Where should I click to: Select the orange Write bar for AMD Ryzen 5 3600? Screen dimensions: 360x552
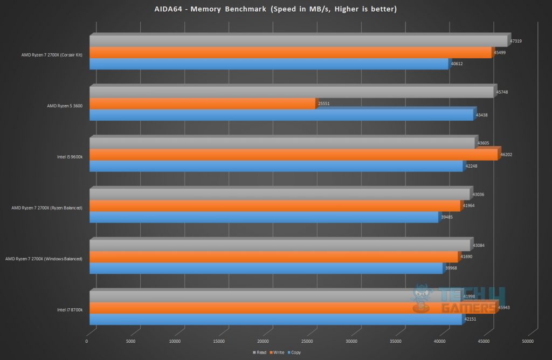tap(202, 104)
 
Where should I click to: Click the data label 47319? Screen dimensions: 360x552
tap(515, 41)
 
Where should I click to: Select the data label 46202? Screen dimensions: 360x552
tap(506, 154)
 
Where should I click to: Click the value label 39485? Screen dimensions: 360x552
tap(448, 217)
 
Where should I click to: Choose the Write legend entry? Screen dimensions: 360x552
tap(277, 352)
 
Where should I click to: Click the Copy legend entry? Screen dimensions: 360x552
tap(294, 352)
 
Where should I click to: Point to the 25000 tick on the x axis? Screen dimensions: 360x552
tap(307, 341)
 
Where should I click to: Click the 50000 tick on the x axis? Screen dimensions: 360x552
tap(528, 341)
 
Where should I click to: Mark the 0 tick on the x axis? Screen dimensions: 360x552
tap(87, 341)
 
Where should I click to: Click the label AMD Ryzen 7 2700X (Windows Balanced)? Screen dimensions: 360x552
tap(44, 259)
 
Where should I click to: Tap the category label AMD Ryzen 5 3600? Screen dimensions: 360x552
tap(64, 106)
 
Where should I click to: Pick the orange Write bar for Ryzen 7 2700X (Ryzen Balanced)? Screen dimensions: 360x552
tap(275, 206)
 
